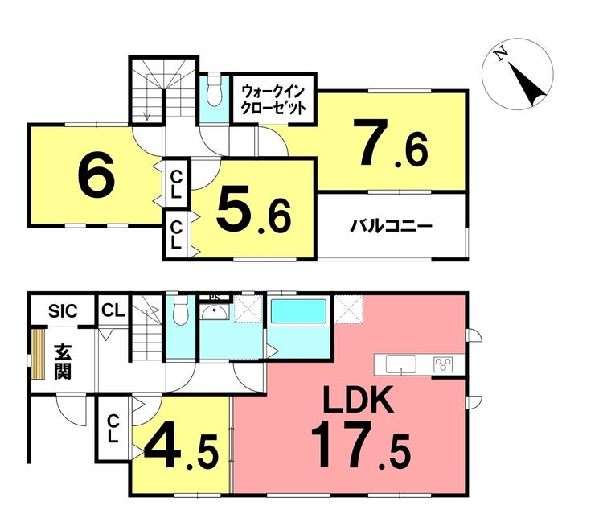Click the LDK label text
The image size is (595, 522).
[358, 400]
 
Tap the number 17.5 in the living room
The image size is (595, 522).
[360, 446]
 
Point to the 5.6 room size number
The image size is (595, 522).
[253, 210]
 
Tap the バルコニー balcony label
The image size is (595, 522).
[392, 227]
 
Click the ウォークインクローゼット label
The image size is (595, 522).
[273, 100]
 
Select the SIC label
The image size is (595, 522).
[63, 311]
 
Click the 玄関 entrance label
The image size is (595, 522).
[63, 361]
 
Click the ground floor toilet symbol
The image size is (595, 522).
[180, 310]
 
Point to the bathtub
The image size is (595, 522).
[298, 311]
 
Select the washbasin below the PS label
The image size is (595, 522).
[215, 312]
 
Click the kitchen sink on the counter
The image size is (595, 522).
[400, 364]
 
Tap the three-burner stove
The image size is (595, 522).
[443, 364]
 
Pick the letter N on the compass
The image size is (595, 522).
[501, 54]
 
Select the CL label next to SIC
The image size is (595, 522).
[113, 311]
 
